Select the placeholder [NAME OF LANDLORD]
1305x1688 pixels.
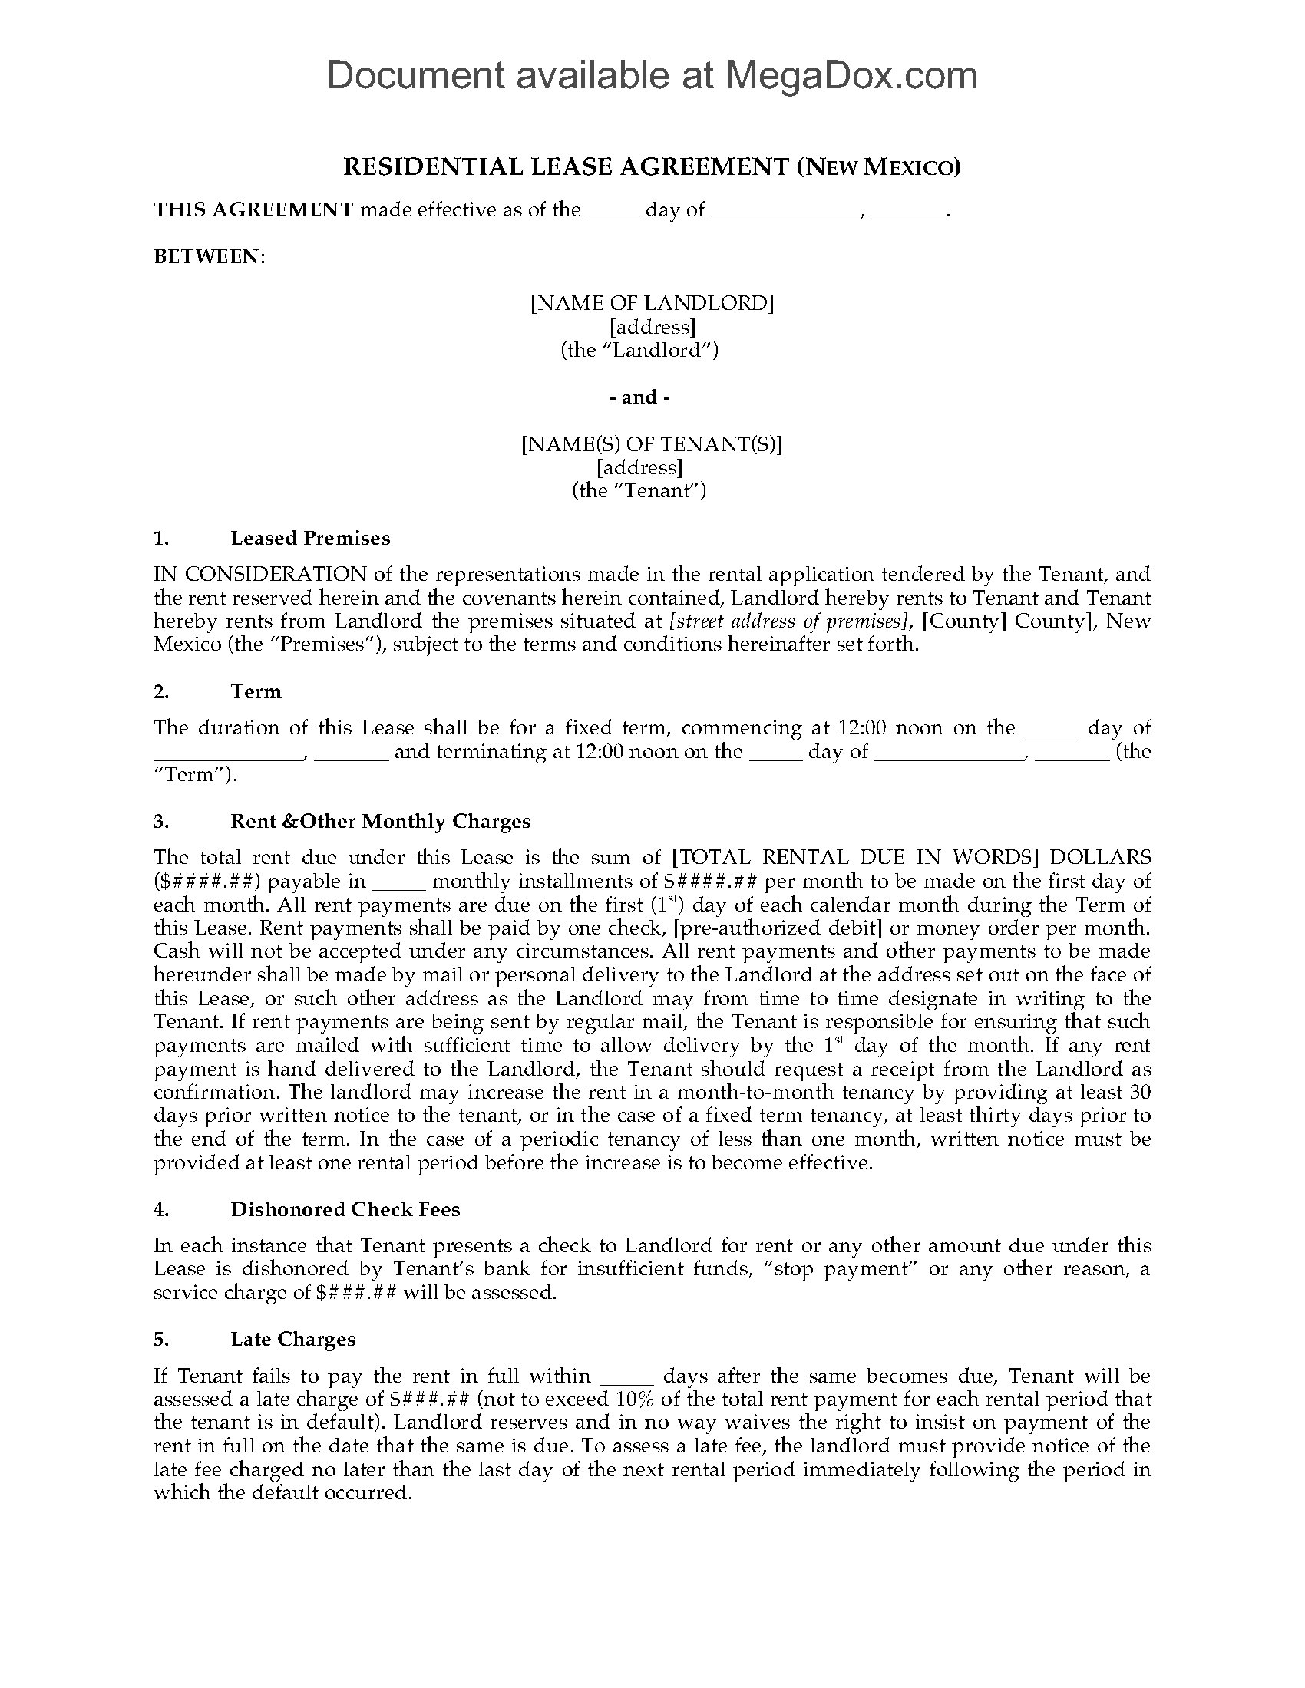pyautogui.click(x=652, y=303)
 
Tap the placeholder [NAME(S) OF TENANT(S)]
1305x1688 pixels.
pyautogui.click(x=652, y=444)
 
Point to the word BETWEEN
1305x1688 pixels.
pyautogui.click(x=208, y=256)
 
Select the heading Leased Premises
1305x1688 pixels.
pyautogui.click(x=310, y=538)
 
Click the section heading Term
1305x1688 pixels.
pyautogui.click(x=256, y=691)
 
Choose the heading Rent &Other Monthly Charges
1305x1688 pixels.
pyautogui.click(x=380, y=821)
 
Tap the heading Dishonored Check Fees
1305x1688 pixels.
pyautogui.click(x=345, y=1209)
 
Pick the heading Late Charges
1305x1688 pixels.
pyautogui.click(x=293, y=1340)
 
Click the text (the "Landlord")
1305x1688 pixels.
pyautogui.click(x=639, y=350)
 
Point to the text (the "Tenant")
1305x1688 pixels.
pyautogui.click(x=639, y=491)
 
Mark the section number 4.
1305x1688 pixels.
pyautogui.click(x=160, y=1209)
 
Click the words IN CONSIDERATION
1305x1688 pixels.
pyautogui.click(x=259, y=574)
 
